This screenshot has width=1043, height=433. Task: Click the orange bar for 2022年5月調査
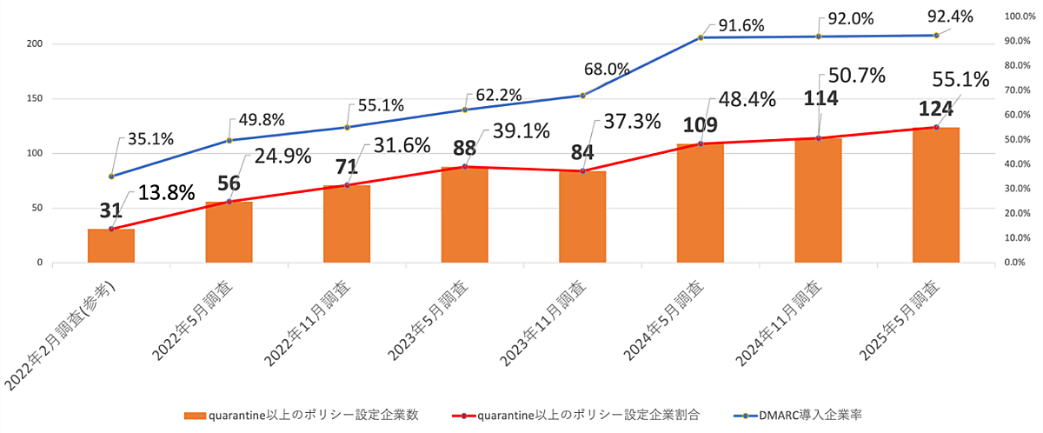click(x=229, y=232)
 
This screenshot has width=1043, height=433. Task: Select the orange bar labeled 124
click(x=936, y=196)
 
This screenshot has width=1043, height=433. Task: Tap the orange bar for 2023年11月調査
click(x=582, y=217)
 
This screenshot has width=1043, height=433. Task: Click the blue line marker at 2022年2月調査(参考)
click(x=111, y=177)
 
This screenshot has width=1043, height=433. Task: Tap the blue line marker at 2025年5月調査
click(x=936, y=36)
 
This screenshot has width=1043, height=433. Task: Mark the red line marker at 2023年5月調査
click(x=465, y=166)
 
